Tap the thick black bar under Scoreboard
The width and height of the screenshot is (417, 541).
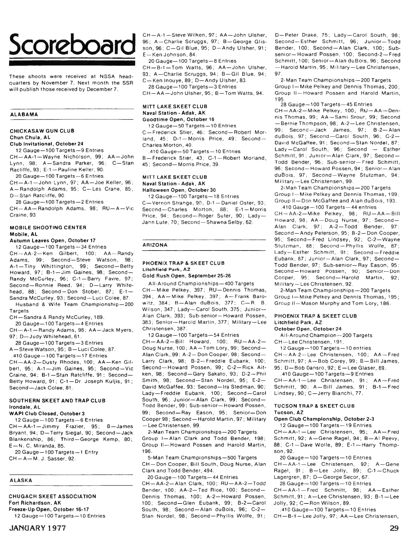pos(72,64)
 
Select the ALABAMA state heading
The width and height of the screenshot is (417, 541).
pos(24,114)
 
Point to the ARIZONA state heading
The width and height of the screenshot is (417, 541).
pos(155,245)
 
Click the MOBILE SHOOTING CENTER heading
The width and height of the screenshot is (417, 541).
pos(48,228)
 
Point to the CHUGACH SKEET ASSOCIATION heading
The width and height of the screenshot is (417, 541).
pos(52,497)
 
